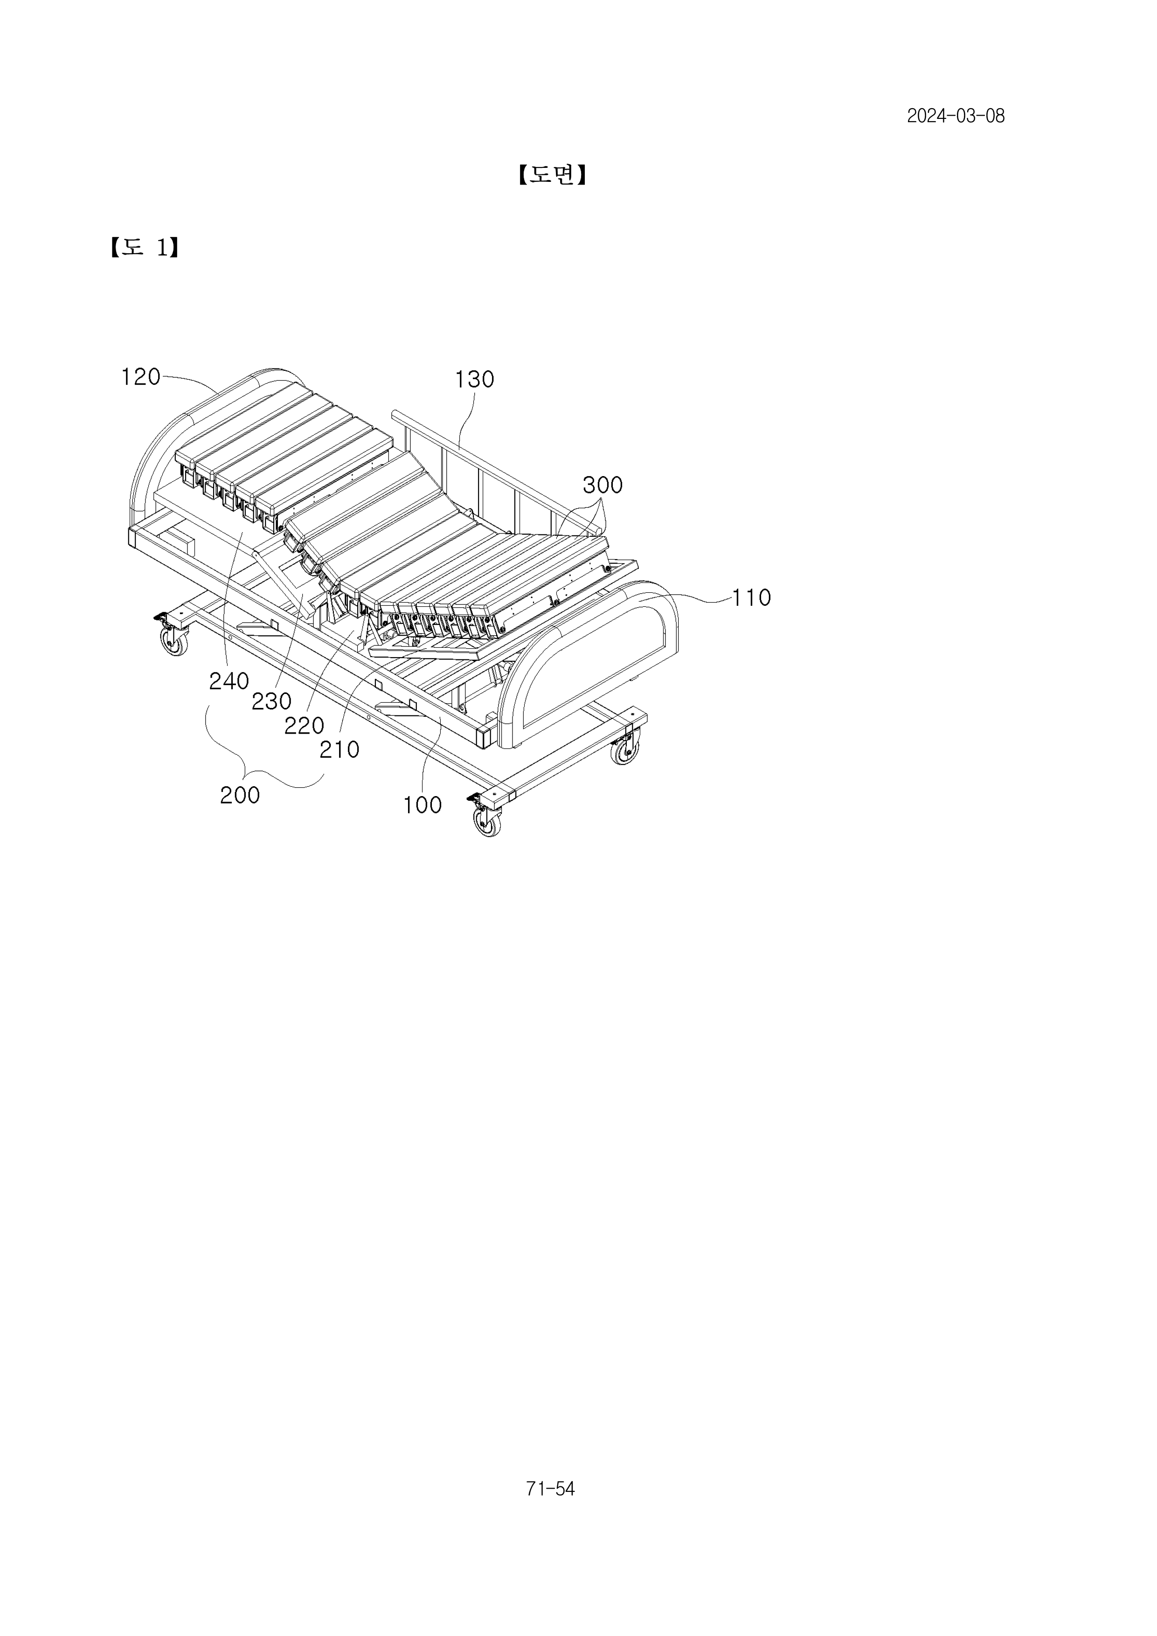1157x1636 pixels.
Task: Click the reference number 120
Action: (x=141, y=377)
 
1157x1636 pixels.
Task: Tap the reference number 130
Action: (x=474, y=379)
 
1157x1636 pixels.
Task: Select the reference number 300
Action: (x=603, y=485)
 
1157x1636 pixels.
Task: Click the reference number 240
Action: (x=229, y=681)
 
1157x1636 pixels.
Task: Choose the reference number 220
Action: (x=304, y=725)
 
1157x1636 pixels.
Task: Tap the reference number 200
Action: (x=239, y=795)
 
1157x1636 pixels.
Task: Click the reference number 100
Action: (x=423, y=805)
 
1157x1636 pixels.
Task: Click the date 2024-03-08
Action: (x=956, y=116)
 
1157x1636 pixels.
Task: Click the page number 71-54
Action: (x=550, y=1489)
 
